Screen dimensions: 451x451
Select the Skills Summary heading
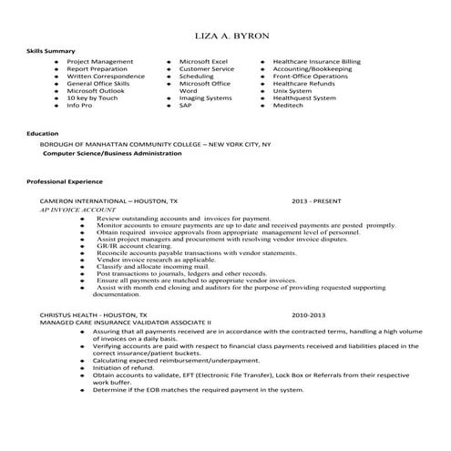(51, 51)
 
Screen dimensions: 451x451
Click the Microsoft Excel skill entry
(203, 61)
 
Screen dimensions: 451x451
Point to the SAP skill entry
(185, 106)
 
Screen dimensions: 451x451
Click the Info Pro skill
(80, 106)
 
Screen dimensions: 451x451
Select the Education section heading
(43, 133)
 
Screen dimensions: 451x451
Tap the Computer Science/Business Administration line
(112, 153)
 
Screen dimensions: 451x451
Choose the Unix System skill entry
(292, 91)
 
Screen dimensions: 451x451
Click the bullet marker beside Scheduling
(169, 77)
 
